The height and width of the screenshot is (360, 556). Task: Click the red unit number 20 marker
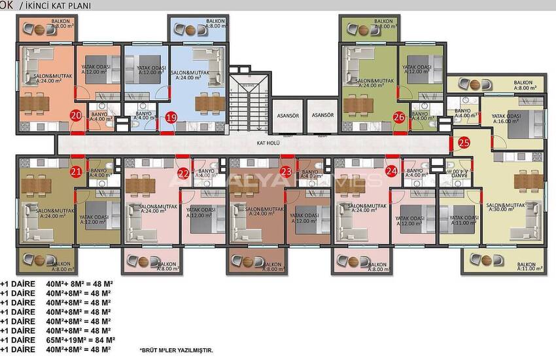tap(76, 117)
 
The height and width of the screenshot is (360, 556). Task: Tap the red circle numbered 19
tap(171, 118)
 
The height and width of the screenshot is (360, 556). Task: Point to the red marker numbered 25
tap(464, 141)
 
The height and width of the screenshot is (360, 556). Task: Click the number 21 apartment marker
tap(76, 171)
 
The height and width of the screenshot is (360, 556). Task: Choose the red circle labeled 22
tap(184, 172)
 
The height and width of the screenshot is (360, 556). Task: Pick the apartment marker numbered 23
tap(285, 171)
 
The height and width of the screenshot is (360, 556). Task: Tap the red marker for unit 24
tap(391, 171)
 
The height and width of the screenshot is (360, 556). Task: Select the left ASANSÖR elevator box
tap(285, 116)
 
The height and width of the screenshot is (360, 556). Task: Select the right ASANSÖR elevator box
tap(322, 116)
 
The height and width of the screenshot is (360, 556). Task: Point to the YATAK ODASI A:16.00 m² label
tap(506, 119)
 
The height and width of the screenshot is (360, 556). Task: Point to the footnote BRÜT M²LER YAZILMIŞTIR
tap(177, 351)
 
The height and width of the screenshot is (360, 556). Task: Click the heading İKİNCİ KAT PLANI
tap(58, 5)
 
